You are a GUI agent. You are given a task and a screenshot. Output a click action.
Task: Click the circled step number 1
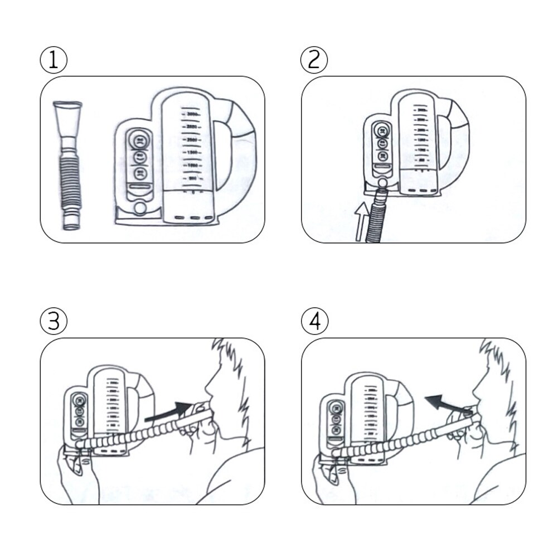point(54,60)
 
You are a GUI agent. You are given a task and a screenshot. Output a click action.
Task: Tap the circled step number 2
point(314,60)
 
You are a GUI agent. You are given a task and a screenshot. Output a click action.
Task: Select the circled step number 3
point(54,322)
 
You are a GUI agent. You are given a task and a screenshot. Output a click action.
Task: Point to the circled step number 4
point(314,322)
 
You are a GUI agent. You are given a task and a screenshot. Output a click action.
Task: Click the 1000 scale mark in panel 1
point(192,166)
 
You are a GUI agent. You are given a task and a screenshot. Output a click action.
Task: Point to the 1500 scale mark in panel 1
point(192,152)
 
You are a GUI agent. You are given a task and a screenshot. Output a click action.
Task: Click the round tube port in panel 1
point(139,208)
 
